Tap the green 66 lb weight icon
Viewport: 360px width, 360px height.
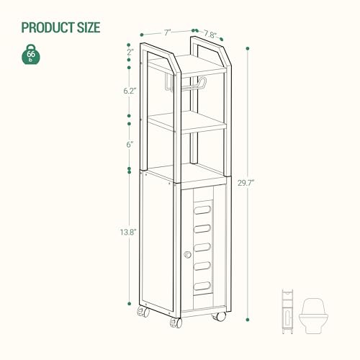[x=31, y=56]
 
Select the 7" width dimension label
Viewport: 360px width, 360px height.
[x=167, y=32]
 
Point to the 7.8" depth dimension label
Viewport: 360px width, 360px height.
[x=210, y=34]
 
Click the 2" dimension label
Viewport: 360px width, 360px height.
[x=130, y=52]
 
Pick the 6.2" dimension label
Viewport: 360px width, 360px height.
[x=130, y=91]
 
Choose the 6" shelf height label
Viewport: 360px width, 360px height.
[x=130, y=144]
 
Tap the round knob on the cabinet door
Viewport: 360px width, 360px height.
[x=188, y=255]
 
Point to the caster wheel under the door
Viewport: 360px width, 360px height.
[x=217, y=315]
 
